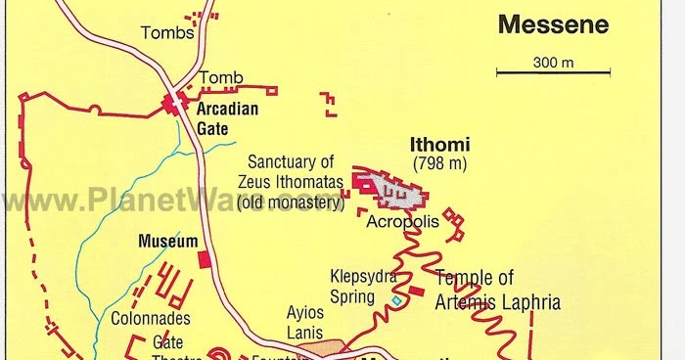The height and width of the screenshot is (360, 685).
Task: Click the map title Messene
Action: click(x=553, y=24)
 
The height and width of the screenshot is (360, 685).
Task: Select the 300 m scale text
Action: click(x=553, y=63)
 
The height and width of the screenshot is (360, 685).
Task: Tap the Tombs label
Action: click(x=162, y=33)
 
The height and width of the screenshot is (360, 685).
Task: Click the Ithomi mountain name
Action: click(x=437, y=144)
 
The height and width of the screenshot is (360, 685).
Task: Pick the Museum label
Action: click(x=167, y=240)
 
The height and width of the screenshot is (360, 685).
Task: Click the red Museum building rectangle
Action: click(x=203, y=259)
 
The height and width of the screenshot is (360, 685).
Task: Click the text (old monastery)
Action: click(x=291, y=203)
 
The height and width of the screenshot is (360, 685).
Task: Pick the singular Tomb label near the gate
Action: click(x=221, y=77)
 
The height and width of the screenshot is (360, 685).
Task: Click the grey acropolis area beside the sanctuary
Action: click(x=403, y=192)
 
